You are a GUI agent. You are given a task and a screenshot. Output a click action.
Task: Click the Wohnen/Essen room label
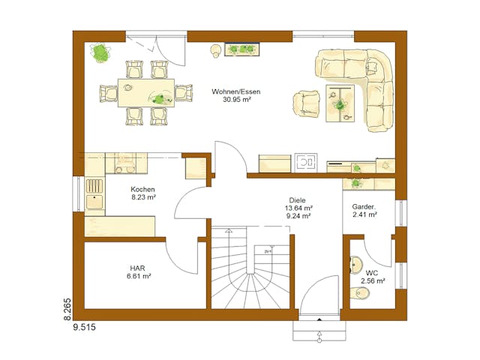pos(235,91)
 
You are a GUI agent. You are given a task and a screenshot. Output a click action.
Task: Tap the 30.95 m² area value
pos(235,100)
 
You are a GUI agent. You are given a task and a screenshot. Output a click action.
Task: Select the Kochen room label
pos(142,189)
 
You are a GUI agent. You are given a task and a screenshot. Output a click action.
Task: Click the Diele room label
pos(298,199)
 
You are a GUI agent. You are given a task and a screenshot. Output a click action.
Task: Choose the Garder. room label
pos(364,205)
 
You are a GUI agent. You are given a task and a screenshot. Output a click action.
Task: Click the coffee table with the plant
pos(341,101)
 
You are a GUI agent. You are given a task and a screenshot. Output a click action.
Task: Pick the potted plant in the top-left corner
pos(100,52)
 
